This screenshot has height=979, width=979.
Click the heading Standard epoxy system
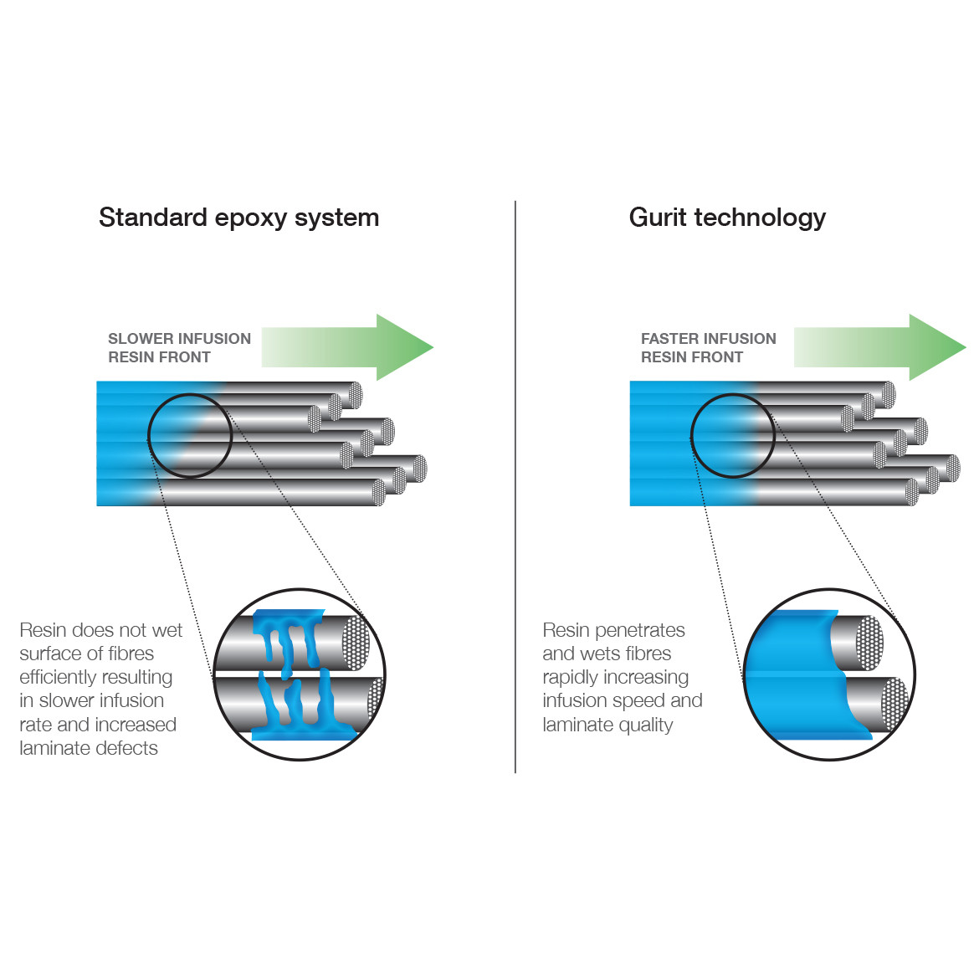239,218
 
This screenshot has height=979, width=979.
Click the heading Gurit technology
727,218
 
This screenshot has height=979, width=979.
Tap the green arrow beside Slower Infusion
347,347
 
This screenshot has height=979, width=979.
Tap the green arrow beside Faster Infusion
879,347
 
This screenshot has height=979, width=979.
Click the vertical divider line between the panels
515,487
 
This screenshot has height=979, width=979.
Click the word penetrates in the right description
640,631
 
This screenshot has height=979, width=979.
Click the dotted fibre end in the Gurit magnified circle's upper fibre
869,643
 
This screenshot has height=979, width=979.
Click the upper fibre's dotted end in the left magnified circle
356,643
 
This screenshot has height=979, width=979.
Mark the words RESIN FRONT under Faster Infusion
692,357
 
